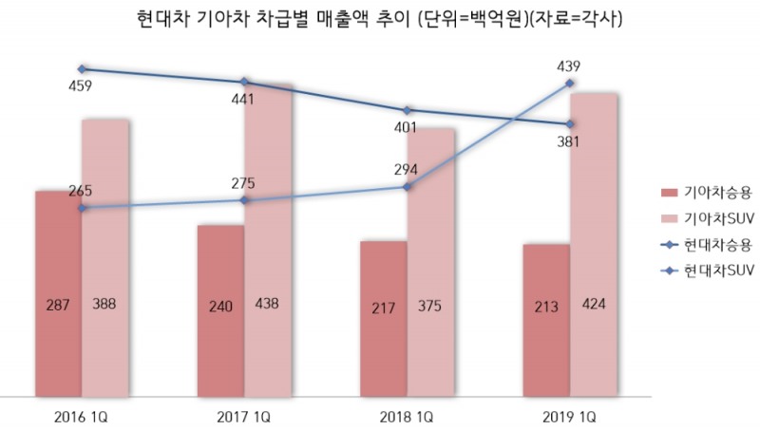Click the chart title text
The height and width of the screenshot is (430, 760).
[380, 17]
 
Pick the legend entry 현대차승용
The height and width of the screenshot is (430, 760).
[719, 244]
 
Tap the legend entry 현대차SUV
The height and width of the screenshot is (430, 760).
[722, 270]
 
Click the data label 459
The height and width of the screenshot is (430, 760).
[81, 86]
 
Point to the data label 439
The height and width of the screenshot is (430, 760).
[570, 66]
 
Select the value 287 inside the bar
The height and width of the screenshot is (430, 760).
[58, 306]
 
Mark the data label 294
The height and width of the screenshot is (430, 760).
[407, 169]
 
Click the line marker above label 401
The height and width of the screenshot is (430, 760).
[408, 110]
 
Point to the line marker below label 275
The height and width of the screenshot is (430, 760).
[244, 200]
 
